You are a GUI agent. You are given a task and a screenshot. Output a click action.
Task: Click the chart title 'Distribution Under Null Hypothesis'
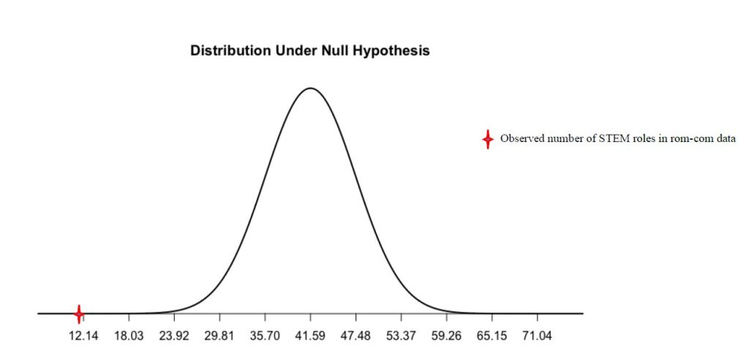pyautogui.click(x=309, y=51)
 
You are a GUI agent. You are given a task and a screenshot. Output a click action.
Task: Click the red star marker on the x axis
pyautogui.click(x=79, y=314)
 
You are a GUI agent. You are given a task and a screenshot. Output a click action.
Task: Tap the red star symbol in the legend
pyautogui.click(x=488, y=139)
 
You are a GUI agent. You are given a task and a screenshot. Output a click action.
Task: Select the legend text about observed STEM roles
pyautogui.click(x=617, y=138)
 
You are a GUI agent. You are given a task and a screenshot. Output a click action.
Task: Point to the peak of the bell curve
pyautogui.click(x=310, y=89)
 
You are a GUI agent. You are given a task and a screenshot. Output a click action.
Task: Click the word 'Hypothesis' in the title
pyautogui.click(x=393, y=52)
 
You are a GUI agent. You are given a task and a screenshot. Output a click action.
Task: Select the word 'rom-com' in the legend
pyautogui.click(x=693, y=138)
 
